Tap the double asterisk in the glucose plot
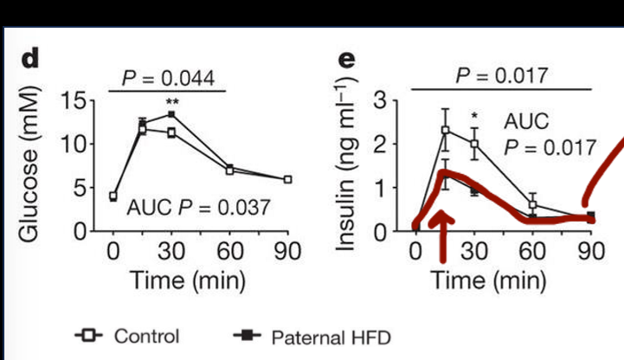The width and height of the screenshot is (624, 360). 171,102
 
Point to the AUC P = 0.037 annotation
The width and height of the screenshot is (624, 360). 198,208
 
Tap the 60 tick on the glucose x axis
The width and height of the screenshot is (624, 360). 229,252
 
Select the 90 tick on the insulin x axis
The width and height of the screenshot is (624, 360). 590,252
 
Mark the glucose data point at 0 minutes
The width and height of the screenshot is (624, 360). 113,196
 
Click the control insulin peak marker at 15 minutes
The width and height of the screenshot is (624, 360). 446,131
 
